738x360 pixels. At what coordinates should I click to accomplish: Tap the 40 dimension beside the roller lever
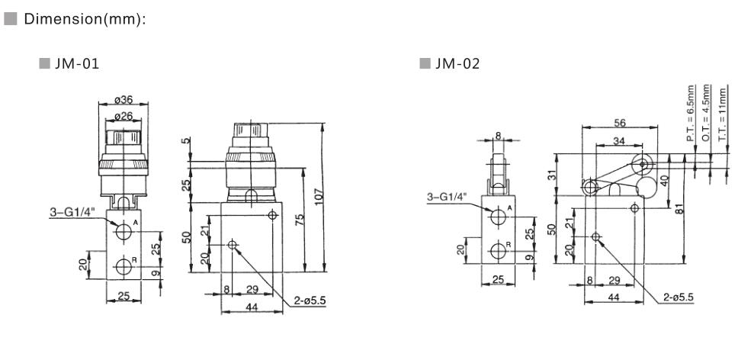[664, 179]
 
